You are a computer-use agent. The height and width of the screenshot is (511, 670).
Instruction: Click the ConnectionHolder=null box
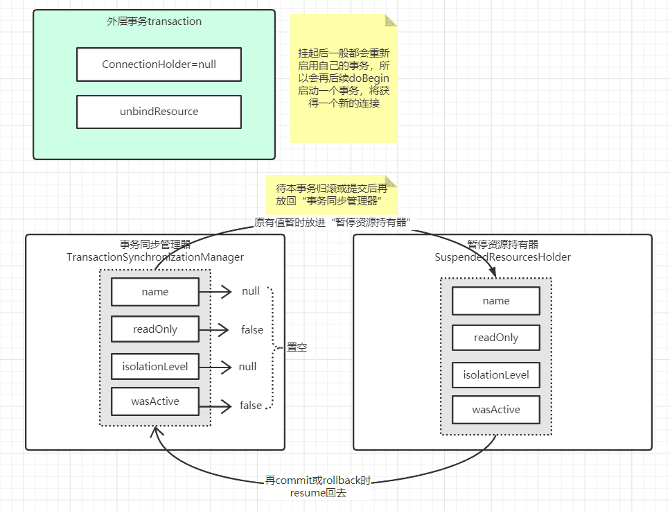[x=159, y=64]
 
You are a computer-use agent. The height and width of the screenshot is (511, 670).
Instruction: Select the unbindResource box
[x=159, y=112]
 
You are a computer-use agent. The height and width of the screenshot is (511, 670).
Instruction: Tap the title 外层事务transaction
[x=155, y=21]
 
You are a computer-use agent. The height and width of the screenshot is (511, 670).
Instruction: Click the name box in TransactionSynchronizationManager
[x=155, y=292]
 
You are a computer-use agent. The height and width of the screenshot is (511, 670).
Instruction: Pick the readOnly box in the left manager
[x=155, y=329]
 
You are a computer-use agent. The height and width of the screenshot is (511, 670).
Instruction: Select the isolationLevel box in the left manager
[x=155, y=367]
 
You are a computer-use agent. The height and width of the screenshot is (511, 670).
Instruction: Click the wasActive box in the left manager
[x=155, y=401]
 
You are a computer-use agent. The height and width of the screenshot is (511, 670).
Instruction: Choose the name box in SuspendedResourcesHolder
[x=496, y=301]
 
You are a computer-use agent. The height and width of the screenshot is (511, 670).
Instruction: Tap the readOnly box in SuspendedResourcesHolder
[x=496, y=338]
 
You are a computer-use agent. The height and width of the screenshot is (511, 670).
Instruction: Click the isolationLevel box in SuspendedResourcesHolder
[x=496, y=375]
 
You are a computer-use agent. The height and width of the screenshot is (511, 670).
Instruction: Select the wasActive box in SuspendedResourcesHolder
[x=496, y=410]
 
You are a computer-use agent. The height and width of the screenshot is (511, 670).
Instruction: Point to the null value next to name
[x=251, y=291]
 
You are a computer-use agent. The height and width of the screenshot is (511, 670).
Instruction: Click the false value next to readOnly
[x=252, y=330]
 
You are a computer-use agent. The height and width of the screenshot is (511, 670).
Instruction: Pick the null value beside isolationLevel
[x=247, y=367]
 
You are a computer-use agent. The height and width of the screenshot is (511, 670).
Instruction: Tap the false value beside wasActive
[x=251, y=405]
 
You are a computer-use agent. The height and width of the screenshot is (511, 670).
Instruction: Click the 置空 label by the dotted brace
[x=297, y=347]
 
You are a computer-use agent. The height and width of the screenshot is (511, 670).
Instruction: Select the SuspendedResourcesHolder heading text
[x=503, y=257]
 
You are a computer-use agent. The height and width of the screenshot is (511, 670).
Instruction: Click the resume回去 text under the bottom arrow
[x=318, y=493]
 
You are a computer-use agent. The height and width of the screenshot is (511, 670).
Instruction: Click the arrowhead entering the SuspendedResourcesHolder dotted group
[x=493, y=272]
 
